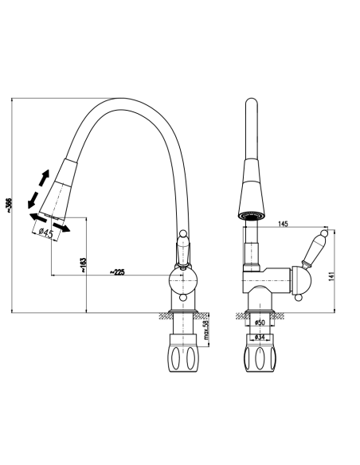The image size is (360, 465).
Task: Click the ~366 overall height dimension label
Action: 9,205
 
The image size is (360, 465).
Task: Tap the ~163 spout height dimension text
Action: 84,265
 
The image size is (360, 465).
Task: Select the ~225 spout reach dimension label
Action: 117,272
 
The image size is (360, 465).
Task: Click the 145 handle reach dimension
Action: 283,224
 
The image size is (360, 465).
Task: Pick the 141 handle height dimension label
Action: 332,276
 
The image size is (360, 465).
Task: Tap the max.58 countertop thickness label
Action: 207,330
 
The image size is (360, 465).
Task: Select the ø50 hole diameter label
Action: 260,322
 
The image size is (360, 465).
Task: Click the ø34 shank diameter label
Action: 260,337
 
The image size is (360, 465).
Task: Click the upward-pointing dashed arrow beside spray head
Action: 45,177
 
